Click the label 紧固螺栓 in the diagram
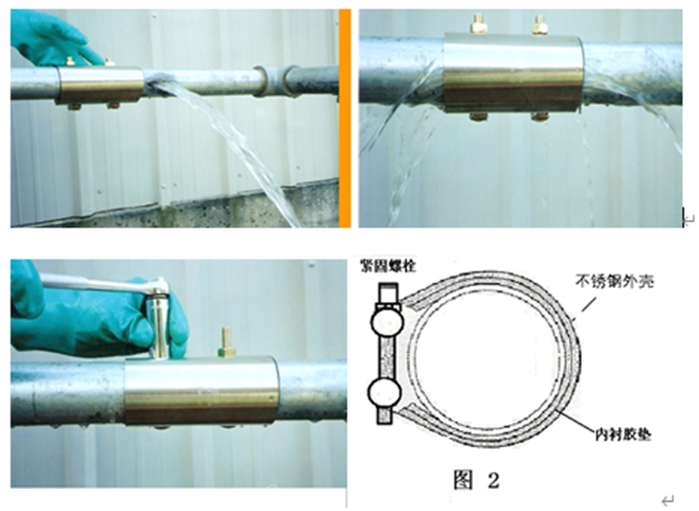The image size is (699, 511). pos(389,266)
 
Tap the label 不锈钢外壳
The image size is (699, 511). pos(614,281)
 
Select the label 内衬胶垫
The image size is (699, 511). pos(623,435)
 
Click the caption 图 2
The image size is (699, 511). pos(476,480)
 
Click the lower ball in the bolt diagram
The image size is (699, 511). pos(384,392)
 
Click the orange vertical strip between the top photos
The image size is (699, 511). pos(344,118)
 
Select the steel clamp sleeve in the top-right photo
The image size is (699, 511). pos(514,72)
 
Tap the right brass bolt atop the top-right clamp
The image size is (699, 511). pos(539,25)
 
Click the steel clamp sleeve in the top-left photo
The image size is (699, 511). pos(100,85)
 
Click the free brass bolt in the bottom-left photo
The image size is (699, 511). pos(227,342)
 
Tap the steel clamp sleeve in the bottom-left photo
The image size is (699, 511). pos(201,390)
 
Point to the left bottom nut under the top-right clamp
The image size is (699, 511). pos(479,116)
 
